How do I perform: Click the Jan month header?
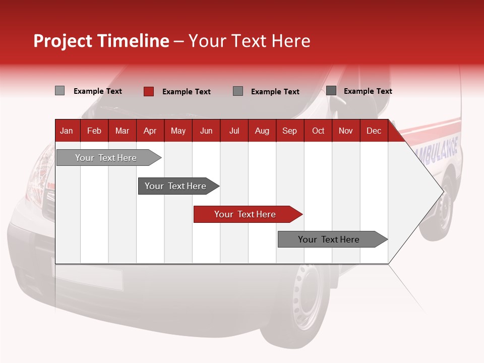click(x=67, y=131)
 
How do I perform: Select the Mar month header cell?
click(x=122, y=131)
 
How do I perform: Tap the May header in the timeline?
click(x=178, y=131)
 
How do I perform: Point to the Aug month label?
click(x=262, y=131)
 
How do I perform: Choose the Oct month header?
click(x=318, y=131)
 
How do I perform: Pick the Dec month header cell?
click(x=374, y=131)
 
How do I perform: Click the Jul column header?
click(x=234, y=131)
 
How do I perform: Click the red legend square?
click(x=149, y=91)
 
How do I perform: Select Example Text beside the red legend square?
click(x=186, y=92)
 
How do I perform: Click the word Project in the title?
click(x=63, y=41)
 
